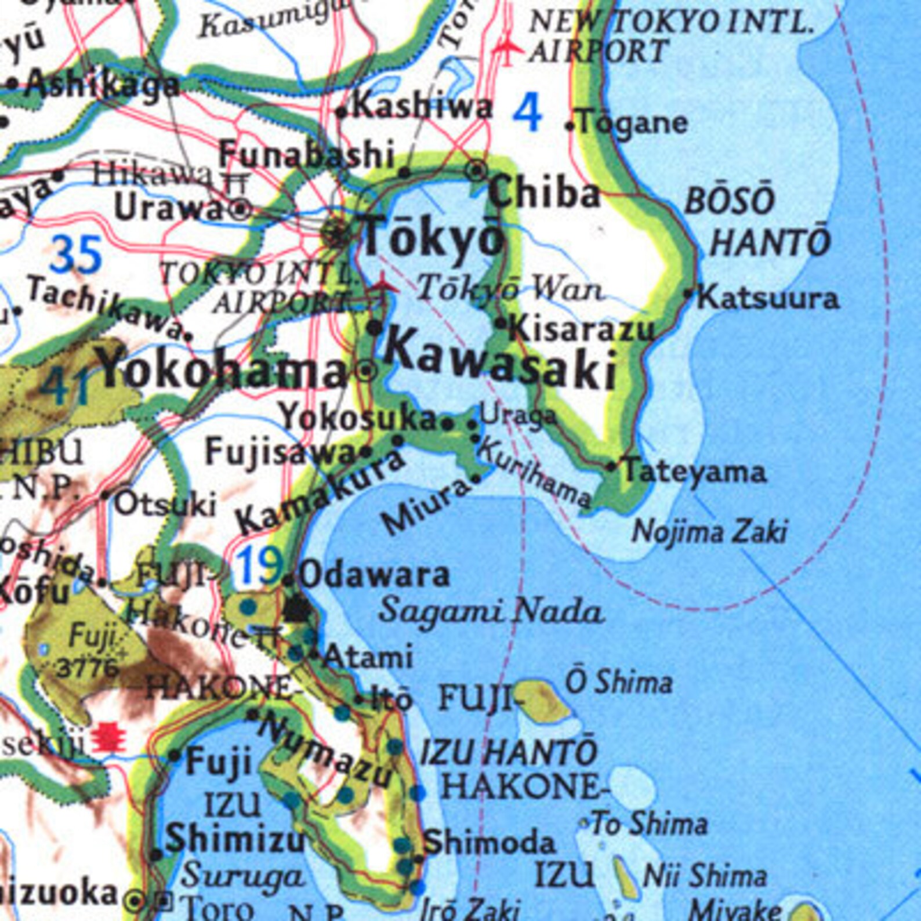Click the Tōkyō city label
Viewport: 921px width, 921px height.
432,236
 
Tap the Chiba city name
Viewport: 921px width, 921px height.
544,194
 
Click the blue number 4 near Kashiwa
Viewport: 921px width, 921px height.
527,113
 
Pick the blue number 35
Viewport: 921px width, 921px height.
75,255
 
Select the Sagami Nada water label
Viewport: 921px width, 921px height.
491,611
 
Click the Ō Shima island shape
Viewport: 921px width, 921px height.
541,700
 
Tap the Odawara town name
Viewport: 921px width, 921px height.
375,575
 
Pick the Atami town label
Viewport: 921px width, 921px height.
368,657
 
